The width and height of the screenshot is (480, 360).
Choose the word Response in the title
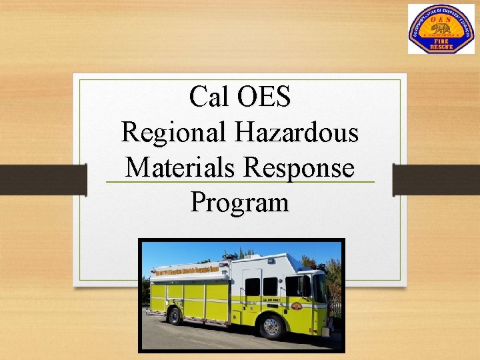coord(299,167)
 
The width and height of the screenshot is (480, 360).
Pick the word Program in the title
coord(240,201)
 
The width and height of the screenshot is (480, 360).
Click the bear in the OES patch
coord(441,29)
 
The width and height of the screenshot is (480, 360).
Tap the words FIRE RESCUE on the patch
coord(441,43)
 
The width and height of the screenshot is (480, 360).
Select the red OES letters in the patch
coord(441,19)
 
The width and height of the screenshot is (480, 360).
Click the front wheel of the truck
coord(272,326)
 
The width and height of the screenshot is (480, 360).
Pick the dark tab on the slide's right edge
coord(436,179)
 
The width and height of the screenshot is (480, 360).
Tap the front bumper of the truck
coord(327,328)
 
